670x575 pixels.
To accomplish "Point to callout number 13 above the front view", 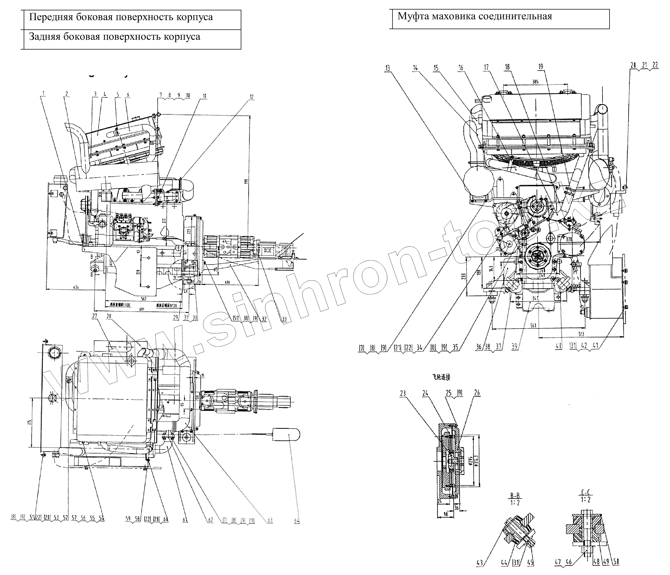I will (x=388, y=68).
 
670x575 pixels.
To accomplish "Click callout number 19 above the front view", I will (x=541, y=67).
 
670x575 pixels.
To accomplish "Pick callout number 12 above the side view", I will (x=252, y=97).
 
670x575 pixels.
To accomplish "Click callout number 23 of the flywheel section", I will (x=403, y=393).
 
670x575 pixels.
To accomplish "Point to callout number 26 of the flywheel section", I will (x=477, y=393).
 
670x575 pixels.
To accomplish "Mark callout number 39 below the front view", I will (x=514, y=347).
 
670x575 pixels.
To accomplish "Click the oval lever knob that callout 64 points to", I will (x=287, y=435).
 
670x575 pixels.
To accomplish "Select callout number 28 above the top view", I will (x=109, y=316).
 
